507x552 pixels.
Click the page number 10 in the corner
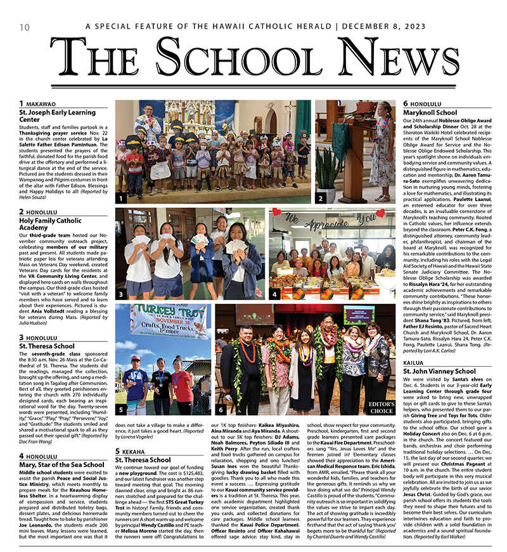tap(24, 27)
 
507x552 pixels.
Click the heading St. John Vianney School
tap(439, 371)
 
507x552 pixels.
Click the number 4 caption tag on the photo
tap(274, 294)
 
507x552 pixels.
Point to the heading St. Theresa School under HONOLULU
tap(46, 346)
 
